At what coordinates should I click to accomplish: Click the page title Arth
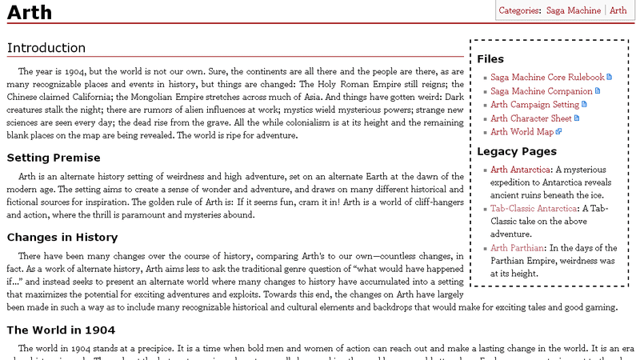point(30,12)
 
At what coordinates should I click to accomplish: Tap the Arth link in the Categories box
point(618,10)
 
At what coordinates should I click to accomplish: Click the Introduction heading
point(46,48)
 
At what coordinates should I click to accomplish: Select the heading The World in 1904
point(61,330)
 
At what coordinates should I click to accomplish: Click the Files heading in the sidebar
point(490,59)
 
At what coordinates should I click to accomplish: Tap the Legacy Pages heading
point(515,151)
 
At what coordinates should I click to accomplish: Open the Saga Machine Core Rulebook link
point(547,78)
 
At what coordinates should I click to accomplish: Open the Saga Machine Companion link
point(540,91)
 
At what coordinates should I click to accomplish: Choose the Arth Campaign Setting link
point(534,105)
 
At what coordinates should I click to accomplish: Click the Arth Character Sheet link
point(531,118)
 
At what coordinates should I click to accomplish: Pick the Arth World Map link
point(522,132)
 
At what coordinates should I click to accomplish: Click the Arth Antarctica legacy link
point(520,170)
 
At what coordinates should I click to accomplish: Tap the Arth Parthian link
point(518,248)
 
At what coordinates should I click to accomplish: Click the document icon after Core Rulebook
point(610,78)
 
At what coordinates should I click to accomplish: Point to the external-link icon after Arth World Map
point(559,132)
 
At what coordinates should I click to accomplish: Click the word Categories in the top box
point(519,10)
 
